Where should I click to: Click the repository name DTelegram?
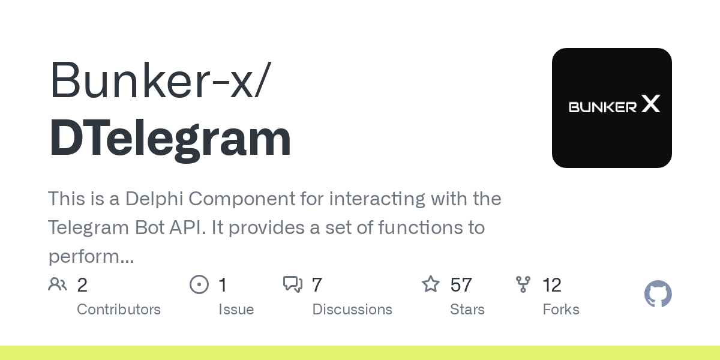[x=170, y=138]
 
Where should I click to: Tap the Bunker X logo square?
[x=611, y=107]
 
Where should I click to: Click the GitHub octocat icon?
[x=658, y=294]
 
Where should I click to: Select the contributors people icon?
[x=58, y=284]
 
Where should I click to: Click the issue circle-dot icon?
[x=199, y=284]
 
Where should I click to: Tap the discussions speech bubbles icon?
[x=293, y=284]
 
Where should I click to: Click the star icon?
[x=430, y=284]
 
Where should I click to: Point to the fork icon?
[x=523, y=284]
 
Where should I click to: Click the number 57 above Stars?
[x=461, y=285]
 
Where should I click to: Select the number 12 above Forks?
[x=552, y=285]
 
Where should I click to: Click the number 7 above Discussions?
[x=317, y=285]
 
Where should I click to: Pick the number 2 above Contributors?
[x=82, y=285]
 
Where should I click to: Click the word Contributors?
[x=119, y=310]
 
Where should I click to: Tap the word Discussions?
[x=352, y=310]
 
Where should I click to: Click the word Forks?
[x=561, y=310]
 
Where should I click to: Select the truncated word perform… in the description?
[x=91, y=257]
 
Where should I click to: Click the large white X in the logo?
[x=651, y=103]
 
